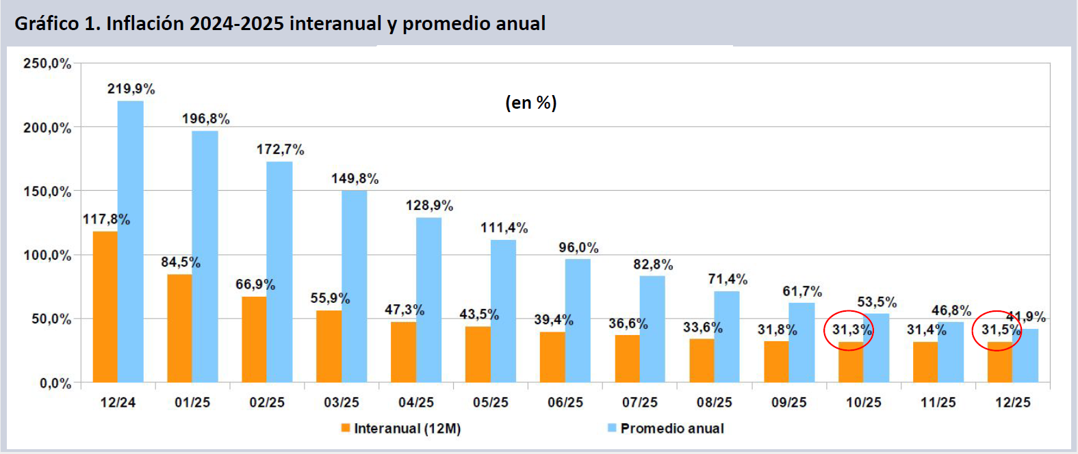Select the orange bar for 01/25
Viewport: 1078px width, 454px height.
coord(179,328)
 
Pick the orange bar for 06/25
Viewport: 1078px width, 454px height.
coord(552,357)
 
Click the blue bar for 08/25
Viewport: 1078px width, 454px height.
coord(727,336)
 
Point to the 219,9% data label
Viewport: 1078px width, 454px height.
coord(131,89)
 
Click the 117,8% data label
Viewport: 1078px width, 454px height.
coord(106,219)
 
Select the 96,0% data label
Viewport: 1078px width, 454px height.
coord(578,248)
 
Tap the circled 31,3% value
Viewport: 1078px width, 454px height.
coord(851,330)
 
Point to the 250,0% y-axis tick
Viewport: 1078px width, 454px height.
coord(47,64)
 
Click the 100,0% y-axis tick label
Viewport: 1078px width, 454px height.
coord(47,256)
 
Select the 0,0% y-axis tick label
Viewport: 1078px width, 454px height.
coord(55,384)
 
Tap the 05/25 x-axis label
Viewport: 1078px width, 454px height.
coord(490,403)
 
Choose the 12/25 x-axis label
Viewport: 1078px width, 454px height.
coord(1012,403)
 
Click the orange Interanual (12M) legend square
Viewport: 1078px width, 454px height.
coord(346,428)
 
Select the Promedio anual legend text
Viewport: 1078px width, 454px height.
coord(671,429)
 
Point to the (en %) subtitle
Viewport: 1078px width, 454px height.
coord(530,103)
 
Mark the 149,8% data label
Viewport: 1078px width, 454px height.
coord(355,178)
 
